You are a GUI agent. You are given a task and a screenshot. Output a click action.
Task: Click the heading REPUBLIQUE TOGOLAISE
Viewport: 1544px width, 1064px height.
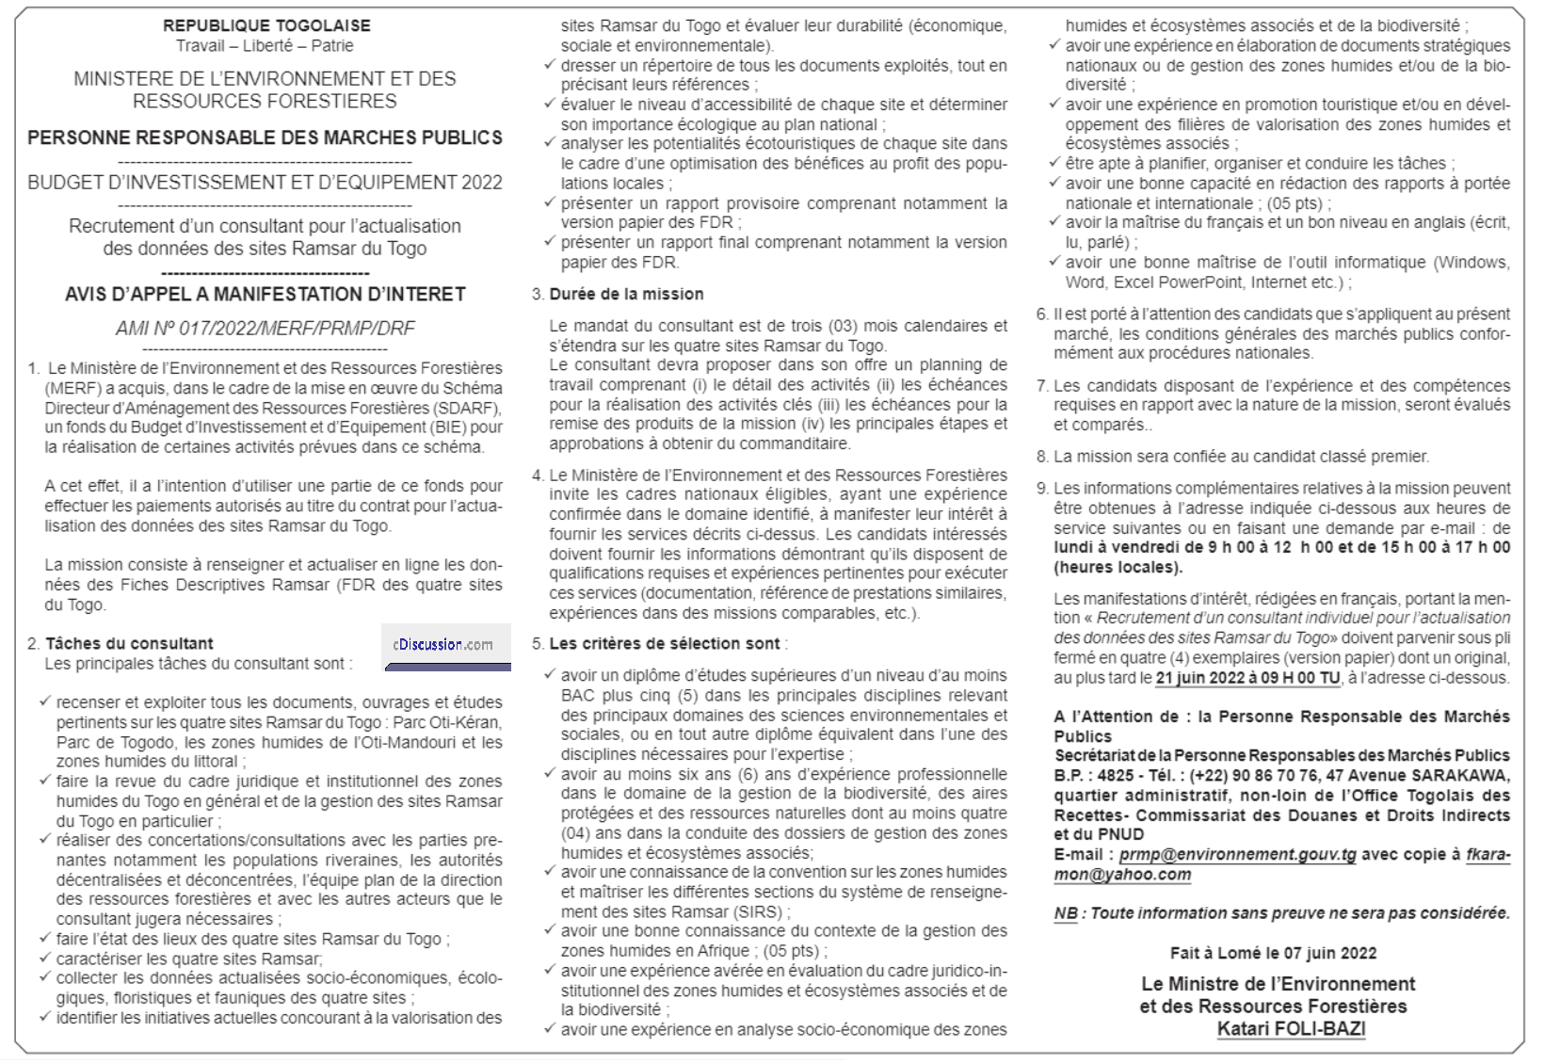(x=266, y=25)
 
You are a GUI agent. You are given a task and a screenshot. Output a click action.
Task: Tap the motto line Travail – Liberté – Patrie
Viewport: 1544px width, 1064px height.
(x=265, y=45)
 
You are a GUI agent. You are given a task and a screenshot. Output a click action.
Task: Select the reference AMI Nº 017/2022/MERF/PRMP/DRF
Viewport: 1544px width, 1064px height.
(x=265, y=328)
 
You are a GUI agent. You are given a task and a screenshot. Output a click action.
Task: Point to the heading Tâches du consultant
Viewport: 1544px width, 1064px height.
(x=129, y=643)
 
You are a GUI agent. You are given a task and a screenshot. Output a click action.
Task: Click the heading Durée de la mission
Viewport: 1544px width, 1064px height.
(x=626, y=294)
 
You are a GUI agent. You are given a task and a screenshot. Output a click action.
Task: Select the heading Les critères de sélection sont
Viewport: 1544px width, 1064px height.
(x=665, y=643)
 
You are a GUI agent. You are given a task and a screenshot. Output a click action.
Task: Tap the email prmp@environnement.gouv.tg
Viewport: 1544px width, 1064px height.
(x=1238, y=854)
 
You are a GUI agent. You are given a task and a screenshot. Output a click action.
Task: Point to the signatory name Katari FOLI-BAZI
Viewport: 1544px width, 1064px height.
(x=1291, y=1027)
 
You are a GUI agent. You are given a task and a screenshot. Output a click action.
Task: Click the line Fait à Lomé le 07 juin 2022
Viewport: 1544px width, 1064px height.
(x=1273, y=953)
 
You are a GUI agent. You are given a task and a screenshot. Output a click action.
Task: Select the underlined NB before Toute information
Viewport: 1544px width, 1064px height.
(x=1065, y=912)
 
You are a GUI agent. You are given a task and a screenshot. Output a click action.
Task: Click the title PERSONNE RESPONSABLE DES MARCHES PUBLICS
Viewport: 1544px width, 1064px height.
(x=265, y=137)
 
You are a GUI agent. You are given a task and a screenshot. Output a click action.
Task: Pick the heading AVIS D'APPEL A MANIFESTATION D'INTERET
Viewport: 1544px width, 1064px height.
(x=265, y=294)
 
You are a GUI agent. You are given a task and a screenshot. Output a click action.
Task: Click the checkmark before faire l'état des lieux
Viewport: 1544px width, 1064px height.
(x=45, y=938)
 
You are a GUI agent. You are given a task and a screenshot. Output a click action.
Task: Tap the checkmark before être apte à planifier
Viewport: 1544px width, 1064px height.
(x=1055, y=162)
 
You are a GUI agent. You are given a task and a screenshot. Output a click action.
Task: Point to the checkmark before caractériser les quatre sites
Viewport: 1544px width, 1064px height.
(x=45, y=958)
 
